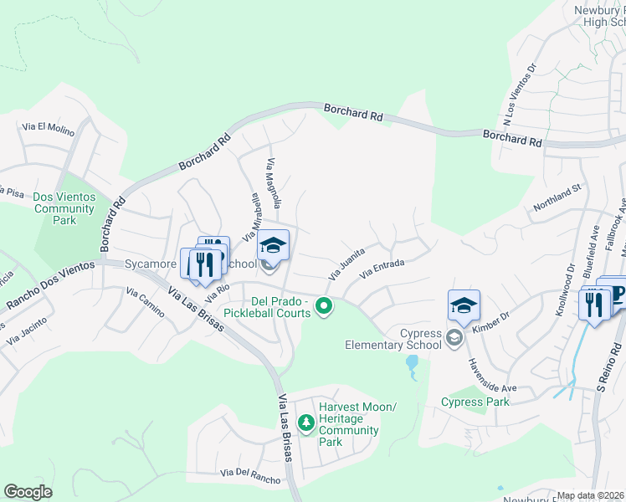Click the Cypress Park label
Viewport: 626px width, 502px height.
(x=475, y=402)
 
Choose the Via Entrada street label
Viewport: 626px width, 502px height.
(x=382, y=269)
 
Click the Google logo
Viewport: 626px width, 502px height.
(x=28, y=492)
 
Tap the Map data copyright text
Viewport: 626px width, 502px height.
(x=590, y=495)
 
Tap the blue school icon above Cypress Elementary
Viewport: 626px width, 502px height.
(x=464, y=306)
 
